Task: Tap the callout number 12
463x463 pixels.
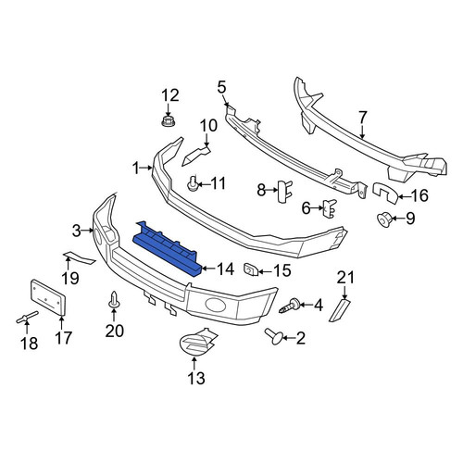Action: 170,95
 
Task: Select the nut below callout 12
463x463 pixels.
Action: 169,120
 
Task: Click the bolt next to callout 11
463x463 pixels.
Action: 192,183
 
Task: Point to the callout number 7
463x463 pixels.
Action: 362,118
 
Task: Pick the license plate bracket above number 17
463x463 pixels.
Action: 48,297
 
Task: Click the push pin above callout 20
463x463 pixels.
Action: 114,300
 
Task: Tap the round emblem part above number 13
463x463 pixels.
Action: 197,342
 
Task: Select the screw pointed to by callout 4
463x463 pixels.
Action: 289,306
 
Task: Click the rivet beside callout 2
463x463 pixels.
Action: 273,336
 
